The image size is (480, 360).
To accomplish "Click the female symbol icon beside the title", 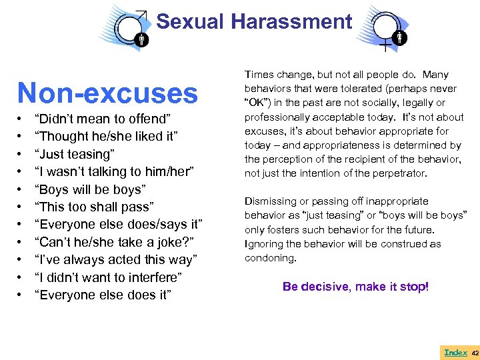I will [387, 30].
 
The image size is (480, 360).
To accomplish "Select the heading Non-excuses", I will [107, 93].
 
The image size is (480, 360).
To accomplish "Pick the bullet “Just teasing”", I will [75, 154].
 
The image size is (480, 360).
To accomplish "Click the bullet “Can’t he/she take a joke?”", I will [109, 242].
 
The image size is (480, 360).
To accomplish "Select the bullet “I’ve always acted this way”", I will [109, 259].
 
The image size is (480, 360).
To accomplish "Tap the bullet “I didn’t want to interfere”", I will [108, 277].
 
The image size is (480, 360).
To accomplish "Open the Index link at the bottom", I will [455, 351].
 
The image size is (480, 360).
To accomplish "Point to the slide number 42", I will [475, 352].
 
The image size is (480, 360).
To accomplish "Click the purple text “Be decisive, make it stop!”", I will [356, 287].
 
